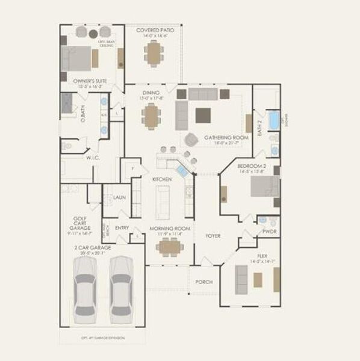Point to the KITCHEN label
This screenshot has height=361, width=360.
162,179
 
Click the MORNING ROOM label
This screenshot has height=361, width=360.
170,229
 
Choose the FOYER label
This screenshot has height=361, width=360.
214,235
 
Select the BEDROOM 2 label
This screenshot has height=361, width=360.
252,165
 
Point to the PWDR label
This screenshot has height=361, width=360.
269,231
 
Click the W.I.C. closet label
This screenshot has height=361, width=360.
93,158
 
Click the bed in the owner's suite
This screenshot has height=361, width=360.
79,58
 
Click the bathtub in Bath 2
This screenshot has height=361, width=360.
274,120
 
